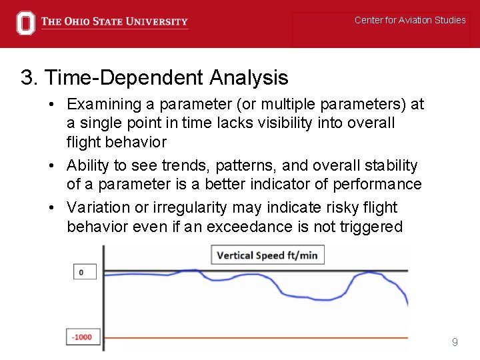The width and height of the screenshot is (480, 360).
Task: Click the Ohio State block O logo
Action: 25,23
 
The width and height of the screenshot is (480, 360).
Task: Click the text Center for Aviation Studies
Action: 410,20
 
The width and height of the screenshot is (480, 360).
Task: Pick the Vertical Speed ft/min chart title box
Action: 267,255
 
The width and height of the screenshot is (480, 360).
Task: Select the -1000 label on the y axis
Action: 82,337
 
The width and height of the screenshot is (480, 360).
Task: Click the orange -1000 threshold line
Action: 267,337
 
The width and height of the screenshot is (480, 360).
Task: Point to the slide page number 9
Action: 455,342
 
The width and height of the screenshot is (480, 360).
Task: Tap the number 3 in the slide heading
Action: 28,78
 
